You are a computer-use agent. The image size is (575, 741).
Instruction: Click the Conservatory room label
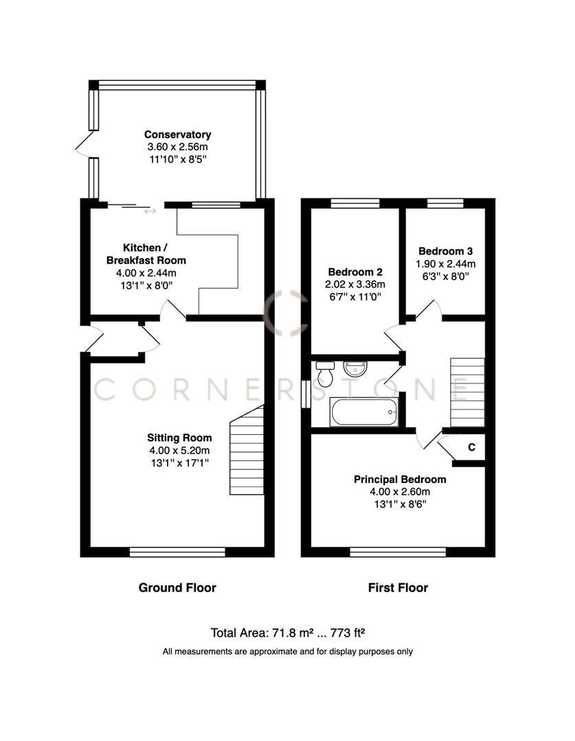[177, 134]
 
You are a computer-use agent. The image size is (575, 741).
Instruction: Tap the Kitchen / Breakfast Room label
[145, 253]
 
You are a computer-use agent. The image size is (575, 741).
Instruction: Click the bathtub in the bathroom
[364, 412]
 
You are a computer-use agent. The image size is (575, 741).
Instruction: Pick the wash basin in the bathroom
[355, 370]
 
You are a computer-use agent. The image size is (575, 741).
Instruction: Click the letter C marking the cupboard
[471, 447]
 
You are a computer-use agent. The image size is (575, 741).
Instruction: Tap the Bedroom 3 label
[445, 251]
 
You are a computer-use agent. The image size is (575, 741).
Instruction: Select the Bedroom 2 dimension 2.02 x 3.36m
[356, 284]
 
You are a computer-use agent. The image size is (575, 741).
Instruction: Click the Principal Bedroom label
[400, 479]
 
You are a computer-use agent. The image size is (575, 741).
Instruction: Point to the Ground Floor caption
[177, 587]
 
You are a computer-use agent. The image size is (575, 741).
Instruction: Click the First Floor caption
[398, 587]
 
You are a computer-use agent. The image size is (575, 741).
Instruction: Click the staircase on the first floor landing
[467, 392]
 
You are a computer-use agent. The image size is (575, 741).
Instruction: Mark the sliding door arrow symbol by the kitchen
[149, 211]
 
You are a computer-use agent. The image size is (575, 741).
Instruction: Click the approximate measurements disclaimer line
[287, 651]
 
